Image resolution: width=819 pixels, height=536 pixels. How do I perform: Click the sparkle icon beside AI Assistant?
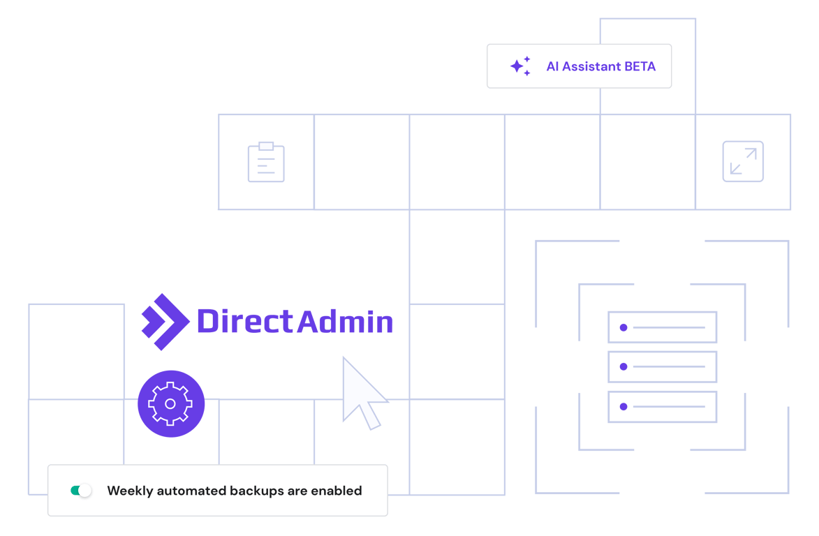[x=520, y=66]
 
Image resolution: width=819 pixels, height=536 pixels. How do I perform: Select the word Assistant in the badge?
[x=592, y=67]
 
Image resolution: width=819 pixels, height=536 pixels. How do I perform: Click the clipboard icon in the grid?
[x=266, y=163]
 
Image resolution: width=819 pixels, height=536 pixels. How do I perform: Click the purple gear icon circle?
[x=171, y=404]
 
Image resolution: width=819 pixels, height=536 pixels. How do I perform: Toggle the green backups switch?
[x=81, y=491]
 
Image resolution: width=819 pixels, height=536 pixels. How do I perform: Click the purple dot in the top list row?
[x=624, y=327]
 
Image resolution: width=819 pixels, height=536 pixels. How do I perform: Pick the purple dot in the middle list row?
[x=624, y=366]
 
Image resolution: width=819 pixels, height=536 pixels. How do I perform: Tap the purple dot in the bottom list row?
[x=624, y=406]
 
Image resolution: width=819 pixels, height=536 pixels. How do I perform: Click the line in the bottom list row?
[x=669, y=406]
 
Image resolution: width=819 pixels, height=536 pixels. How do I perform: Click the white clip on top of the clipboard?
[x=266, y=146]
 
